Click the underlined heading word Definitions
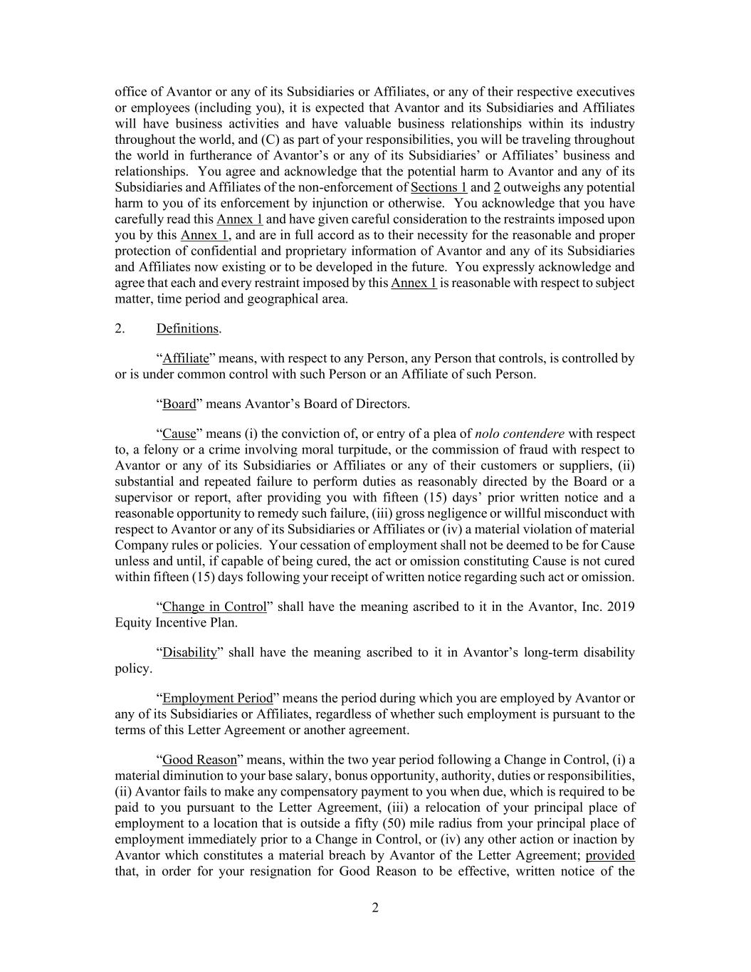pos(187,328)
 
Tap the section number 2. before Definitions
pos(120,328)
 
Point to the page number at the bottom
pos(375,907)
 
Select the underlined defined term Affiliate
pos(186,358)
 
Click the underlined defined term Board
pos(179,404)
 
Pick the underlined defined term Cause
pos(179,434)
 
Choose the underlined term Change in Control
pos(214,607)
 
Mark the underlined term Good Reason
pos(199,760)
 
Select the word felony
pos(160,449)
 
